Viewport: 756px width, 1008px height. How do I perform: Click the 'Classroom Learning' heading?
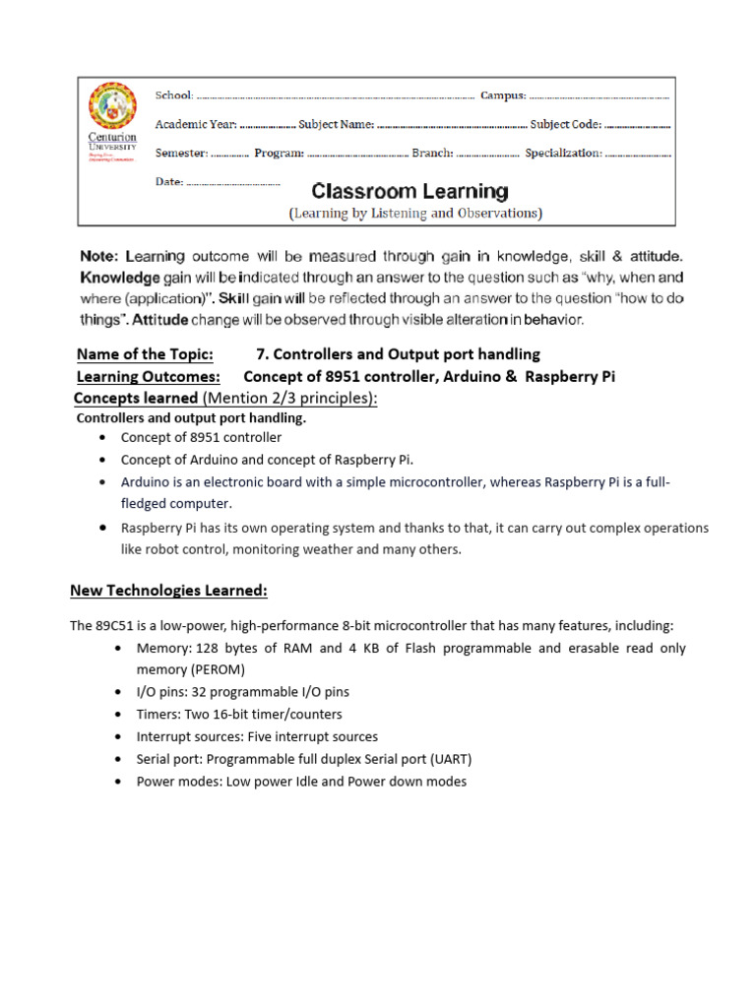[410, 191]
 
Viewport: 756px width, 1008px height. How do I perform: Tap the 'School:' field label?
[175, 95]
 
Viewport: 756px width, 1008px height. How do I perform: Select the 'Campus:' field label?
[503, 95]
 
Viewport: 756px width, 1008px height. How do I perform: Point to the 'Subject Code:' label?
[565, 125]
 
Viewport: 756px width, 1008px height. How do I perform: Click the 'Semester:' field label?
[181, 154]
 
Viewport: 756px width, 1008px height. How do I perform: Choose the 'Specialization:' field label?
[563, 154]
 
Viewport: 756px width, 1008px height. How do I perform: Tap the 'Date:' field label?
[169, 182]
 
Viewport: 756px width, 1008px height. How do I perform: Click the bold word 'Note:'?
[99, 256]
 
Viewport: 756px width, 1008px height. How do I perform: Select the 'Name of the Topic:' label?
[145, 354]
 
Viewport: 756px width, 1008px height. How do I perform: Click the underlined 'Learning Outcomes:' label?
[148, 376]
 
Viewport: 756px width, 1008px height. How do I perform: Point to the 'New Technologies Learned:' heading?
[168, 591]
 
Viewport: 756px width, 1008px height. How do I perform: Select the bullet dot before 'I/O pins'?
[119, 692]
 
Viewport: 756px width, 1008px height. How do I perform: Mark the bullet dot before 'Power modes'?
[119, 782]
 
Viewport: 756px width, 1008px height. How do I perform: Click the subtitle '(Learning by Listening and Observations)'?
[414, 213]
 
